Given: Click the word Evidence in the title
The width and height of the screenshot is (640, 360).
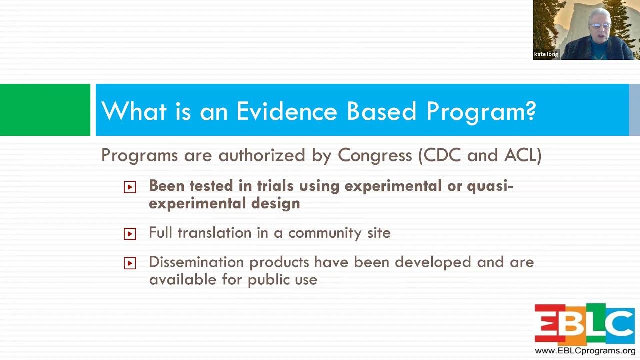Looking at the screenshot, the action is [x=287, y=111].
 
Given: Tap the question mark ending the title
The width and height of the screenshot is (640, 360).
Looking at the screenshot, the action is [x=530, y=111].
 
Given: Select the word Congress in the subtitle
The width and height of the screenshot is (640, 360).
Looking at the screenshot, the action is [x=375, y=155].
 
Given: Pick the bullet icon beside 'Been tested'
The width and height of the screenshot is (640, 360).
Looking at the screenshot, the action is [x=130, y=187].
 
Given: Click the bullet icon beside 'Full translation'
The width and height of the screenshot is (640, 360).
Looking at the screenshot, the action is [x=130, y=234].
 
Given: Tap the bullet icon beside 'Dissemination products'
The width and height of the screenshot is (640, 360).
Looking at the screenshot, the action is [x=130, y=263].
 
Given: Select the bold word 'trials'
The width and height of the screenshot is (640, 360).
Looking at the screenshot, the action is [x=275, y=186].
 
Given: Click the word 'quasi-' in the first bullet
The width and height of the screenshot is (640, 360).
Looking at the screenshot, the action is [x=490, y=186].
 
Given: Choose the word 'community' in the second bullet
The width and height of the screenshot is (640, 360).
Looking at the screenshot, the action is [x=325, y=233].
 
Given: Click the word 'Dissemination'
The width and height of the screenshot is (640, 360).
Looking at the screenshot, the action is [x=196, y=262].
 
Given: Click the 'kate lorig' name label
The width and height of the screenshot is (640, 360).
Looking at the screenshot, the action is [x=546, y=54].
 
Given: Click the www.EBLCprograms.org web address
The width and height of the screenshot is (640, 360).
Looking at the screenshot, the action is [x=585, y=351].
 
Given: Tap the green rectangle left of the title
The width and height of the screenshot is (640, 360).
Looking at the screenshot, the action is [x=45, y=110].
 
